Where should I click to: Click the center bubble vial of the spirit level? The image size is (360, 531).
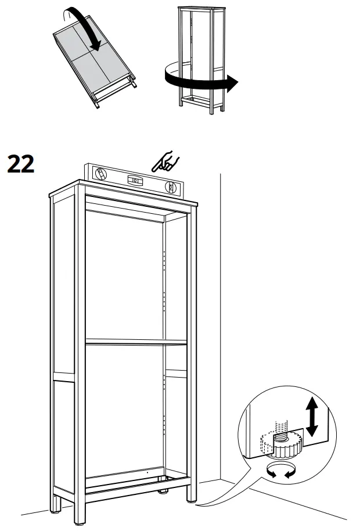(135, 180)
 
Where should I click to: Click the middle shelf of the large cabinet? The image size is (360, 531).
(136, 342)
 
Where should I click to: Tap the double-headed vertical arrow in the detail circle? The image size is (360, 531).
(312, 416)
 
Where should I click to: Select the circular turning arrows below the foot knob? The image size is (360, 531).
(278, 472)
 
